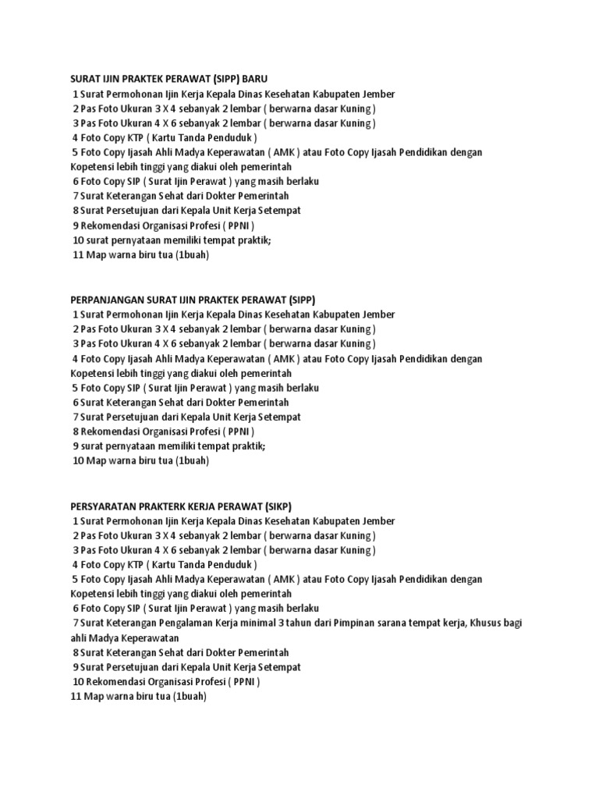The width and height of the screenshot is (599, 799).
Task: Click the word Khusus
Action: click(x=488, y=623)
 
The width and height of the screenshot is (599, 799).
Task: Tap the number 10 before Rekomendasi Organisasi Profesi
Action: click(x=77, y=681)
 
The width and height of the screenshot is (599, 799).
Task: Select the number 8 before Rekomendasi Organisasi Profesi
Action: click(x=76, y=431)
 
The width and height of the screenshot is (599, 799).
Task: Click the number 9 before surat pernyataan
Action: click(x=76, y=446)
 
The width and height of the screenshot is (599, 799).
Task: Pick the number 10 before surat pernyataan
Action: click(x=77, y=240)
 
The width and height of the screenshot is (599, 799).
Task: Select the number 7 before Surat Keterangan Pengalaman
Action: click(x=76, y=623)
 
